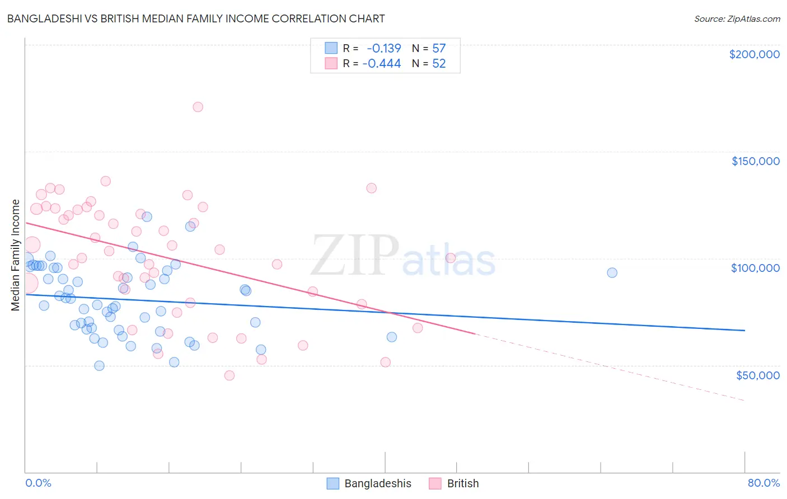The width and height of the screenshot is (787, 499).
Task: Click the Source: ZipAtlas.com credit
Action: pos(737,18)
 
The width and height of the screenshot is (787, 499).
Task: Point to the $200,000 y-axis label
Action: pos(754,54)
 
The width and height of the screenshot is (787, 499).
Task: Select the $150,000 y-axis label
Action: pos(755,161)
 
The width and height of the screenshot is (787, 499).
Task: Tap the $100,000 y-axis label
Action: pos(755,268)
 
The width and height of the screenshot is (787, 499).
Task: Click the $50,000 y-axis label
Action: pos(757,375)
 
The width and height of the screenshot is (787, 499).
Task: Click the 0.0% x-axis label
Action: pos(38,483)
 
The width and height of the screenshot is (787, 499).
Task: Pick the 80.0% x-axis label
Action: pos(763,483)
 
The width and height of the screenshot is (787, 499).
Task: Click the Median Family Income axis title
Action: pos(16,255)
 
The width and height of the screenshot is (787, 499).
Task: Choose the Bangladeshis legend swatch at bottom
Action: pos(333,483)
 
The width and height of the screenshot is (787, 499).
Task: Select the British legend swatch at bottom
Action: pos(435,483)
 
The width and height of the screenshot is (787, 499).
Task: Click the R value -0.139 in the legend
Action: pos(384,48)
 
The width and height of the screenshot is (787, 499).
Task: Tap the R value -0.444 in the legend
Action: pos(382,64)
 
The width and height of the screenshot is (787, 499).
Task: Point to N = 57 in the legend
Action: pos(429,48)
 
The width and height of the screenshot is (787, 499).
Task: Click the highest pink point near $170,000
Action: pos(198,107)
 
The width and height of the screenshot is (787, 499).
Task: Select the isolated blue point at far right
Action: pos(612,272)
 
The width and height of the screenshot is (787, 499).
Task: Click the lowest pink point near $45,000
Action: pos(229,375)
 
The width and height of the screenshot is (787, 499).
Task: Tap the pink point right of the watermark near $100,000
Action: pos(451,258)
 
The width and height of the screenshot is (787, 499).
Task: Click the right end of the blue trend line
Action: pos(744,331)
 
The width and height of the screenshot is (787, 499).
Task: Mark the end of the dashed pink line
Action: pos(744,401)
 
